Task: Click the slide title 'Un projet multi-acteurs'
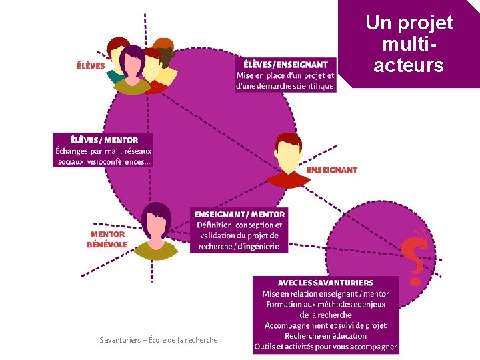[409, 43]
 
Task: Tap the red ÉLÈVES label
[91, 66]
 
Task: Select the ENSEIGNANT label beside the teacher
[331, 170]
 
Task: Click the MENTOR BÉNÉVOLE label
[107, 239]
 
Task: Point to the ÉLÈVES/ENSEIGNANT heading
[285, 65]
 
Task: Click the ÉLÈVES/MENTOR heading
[104, 140]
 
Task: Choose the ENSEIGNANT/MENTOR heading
[240, 214]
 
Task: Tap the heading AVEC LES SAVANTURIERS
[325, 283]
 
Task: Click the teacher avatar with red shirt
[289, 161]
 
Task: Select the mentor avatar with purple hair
[157, 231]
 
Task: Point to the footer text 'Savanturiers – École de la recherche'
[159, 340]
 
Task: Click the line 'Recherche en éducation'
[325, 336]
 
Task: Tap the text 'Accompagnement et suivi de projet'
[325, 325]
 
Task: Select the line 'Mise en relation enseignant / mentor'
[325, 293]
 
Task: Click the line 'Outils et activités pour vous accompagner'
[325, 347]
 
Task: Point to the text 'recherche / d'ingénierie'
[239, 246]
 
